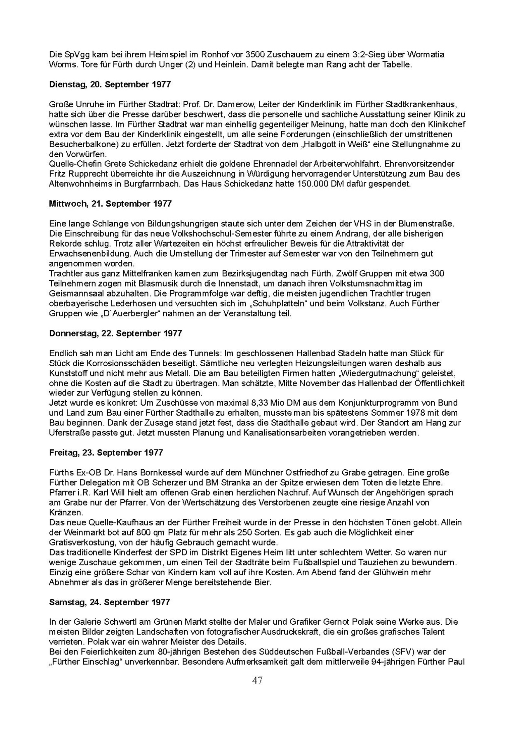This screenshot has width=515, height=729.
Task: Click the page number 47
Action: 257,680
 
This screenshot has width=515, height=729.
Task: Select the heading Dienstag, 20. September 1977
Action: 110,84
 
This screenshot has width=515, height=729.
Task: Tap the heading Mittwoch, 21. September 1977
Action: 110,204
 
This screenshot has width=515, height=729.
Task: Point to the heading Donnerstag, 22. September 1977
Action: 115,333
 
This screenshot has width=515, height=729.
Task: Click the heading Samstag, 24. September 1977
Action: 109,602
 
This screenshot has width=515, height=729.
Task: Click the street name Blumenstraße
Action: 426,223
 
